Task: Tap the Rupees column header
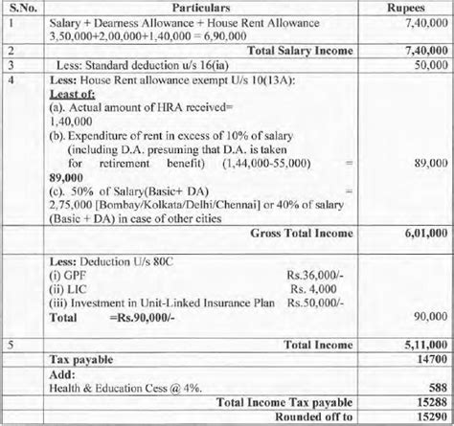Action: (x=401, y=9)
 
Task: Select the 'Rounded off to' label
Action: (x=312, y=416)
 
